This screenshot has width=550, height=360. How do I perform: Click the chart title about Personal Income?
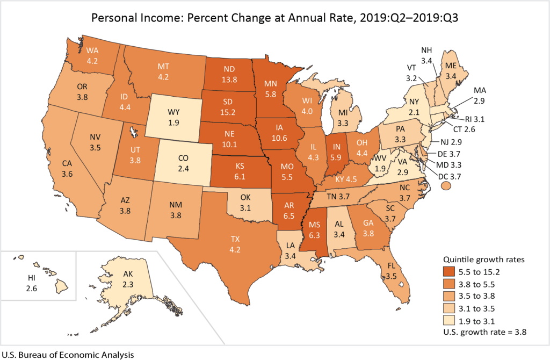(x=274, y=18)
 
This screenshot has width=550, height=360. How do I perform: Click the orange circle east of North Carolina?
(x=445, y=185)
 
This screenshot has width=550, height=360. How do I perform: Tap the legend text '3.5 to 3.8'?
(x=483, y=296)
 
